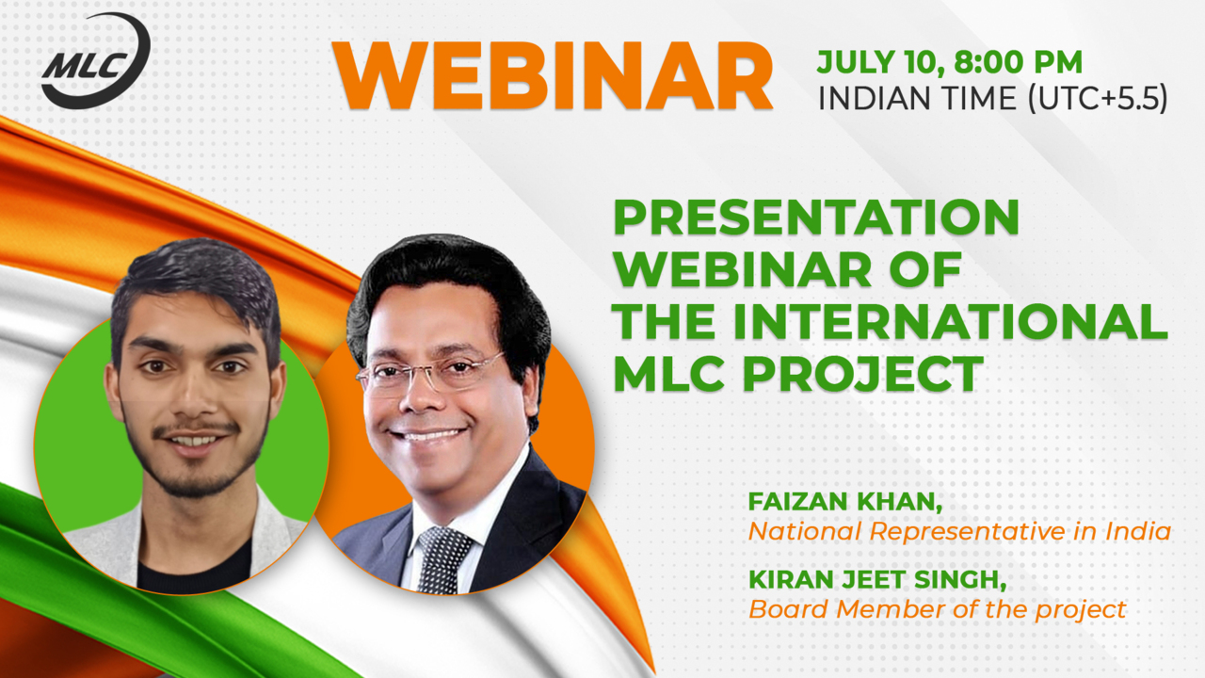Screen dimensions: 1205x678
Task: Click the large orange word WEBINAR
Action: (x=553, y=76)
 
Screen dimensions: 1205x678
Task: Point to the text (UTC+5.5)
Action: (x=1098, y=99)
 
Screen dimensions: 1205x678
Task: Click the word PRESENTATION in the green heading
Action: (x=816, y=218)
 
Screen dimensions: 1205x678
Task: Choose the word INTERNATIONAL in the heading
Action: (x=950, y=321)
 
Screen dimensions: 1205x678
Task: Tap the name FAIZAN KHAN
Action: (x=844, y=502)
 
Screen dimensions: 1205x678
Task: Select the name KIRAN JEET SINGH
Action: (x=877, y=580)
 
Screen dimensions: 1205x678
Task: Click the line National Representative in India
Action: (x=959, y=532)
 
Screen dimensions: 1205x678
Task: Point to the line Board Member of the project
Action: (x=937, y=609)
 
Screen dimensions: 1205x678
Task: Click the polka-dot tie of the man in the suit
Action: (x=442, y=559)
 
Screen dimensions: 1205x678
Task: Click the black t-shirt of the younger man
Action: (x=195, y=566)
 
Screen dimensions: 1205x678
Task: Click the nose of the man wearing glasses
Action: (x=421, y=395)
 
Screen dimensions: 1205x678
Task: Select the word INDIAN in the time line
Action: (x=867, y=99)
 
